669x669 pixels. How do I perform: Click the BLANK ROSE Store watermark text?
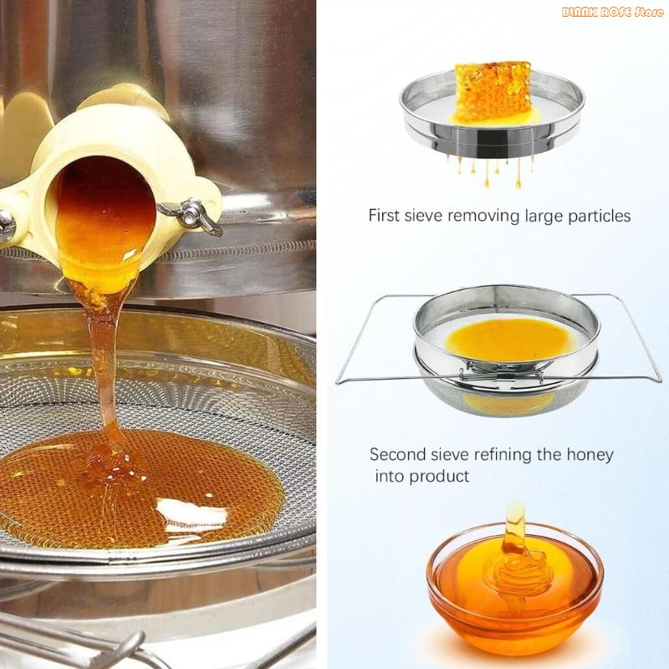[x=613, y=13]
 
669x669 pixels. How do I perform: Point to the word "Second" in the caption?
[x=397, y=455]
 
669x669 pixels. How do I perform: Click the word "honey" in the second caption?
[x=590, y=455]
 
